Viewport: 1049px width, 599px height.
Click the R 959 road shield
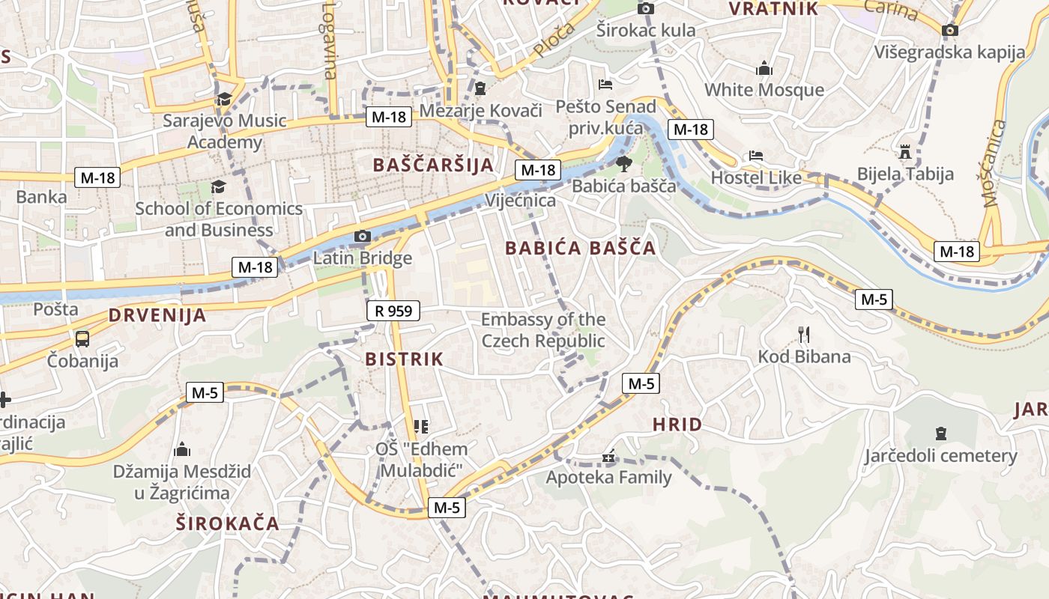[393, 310]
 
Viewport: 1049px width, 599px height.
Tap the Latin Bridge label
[363, 258]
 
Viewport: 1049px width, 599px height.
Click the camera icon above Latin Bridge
[363, 237]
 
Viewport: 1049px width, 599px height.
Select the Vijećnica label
[521, 200]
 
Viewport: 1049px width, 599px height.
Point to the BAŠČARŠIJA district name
[434, 165]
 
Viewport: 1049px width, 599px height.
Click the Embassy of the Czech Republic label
[543, 330]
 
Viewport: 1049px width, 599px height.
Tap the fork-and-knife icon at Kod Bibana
[804, 334]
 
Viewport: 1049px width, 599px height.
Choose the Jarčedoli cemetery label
[941, 455]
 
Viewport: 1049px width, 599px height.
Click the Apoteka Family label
[608, 476]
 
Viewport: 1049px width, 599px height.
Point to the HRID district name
[677, 425]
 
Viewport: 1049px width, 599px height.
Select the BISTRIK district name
[405, 359]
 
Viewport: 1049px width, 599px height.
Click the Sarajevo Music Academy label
[225, 131]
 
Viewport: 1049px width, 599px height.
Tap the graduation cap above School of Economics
[218, 186]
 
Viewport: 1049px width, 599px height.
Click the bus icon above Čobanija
[82, 338]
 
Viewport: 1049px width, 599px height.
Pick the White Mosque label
[764, 90]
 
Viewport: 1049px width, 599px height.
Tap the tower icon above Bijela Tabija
[905, 152]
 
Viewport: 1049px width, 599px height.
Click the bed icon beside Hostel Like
[756, 156]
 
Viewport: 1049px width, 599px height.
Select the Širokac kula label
[646, 30]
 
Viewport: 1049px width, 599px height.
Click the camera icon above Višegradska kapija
[950, 30]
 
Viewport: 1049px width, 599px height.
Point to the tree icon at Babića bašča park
[623, 164]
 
